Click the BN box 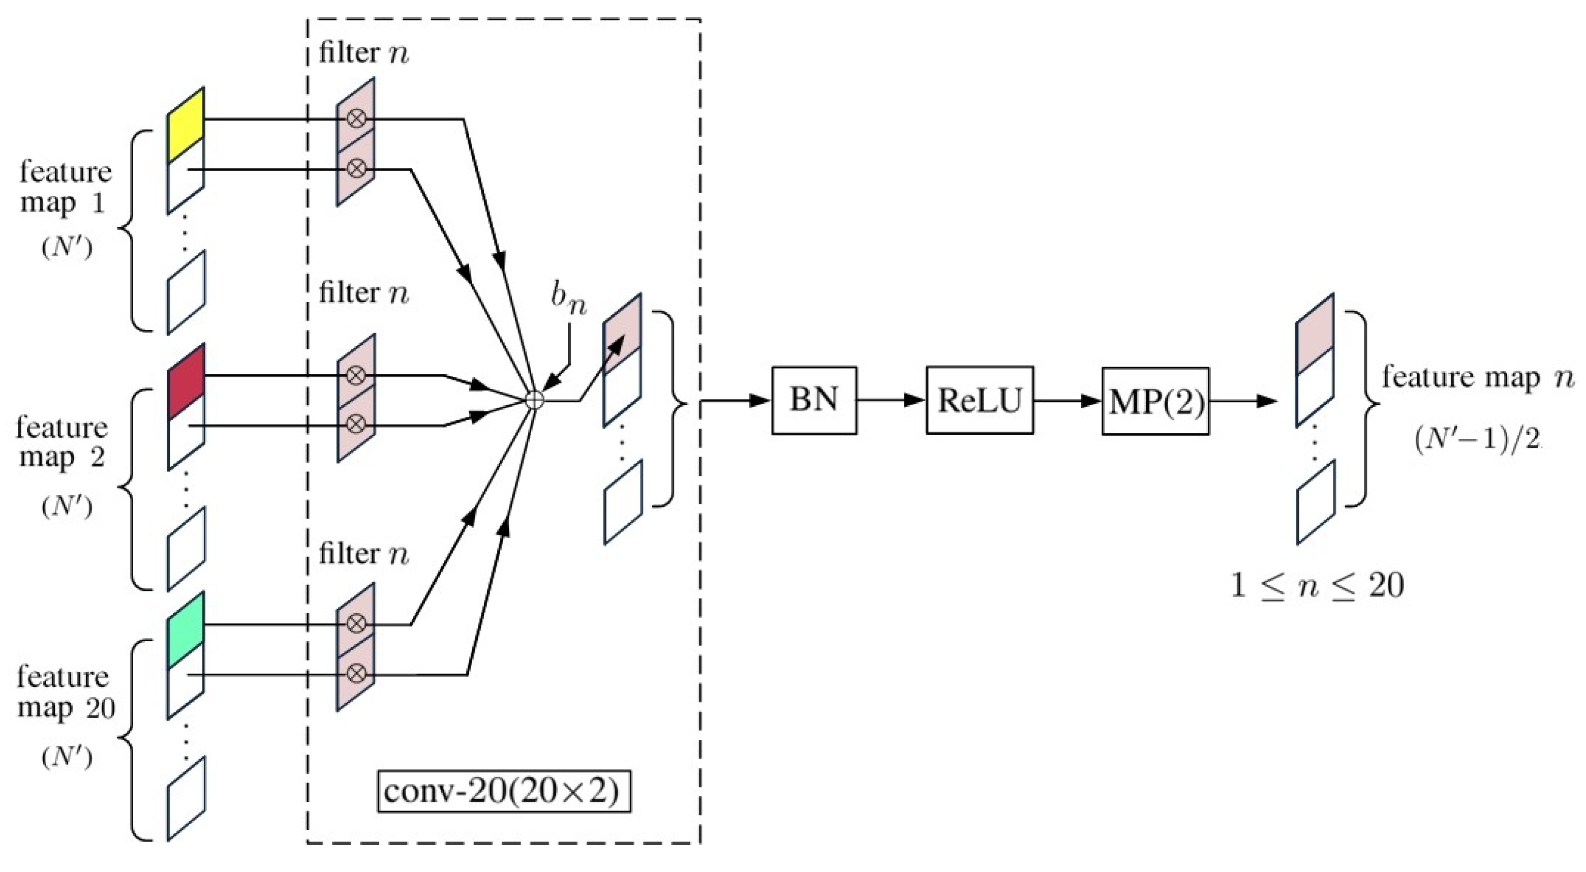(814, 400)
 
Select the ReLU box (980, 400)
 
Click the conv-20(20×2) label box (504, 791)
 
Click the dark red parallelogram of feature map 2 (186, 382)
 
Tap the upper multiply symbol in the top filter (356, 117)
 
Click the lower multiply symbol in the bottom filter (356, 674)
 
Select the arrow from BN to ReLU (891, 400)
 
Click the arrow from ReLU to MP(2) (1067, 401)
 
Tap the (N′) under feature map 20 (68, 758)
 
